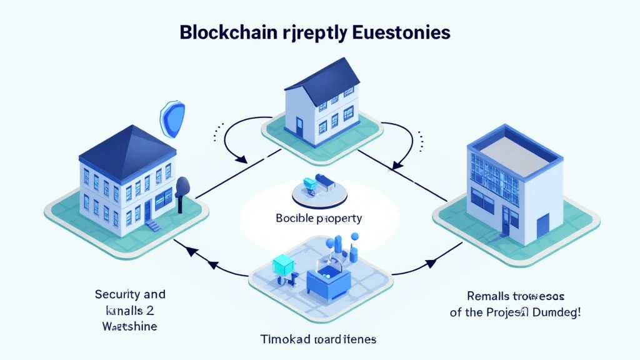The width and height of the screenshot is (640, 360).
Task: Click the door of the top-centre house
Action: (x=300, y=130)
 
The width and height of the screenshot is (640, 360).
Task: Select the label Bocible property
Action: (x=319, y=219)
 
